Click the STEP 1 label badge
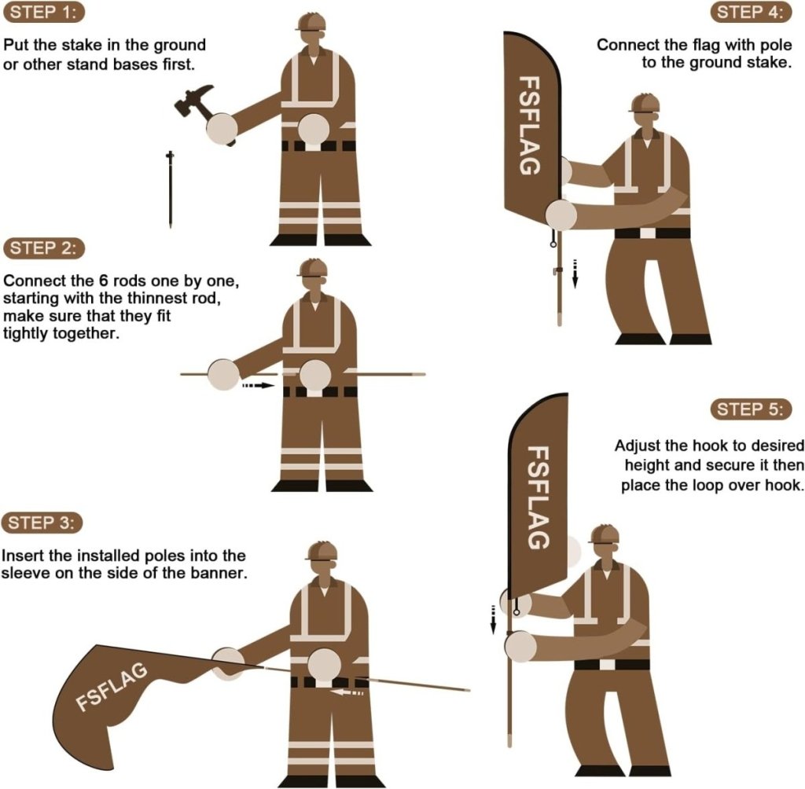(43, 13)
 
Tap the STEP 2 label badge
(43, 249)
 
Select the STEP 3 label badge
(43, 501)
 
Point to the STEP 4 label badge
(751, 13)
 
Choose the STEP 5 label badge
(751, 409)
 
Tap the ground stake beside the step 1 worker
(170, 189)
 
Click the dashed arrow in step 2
(259, 386)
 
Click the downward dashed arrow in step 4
(575, 273)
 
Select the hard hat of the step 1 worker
(311, 21)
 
